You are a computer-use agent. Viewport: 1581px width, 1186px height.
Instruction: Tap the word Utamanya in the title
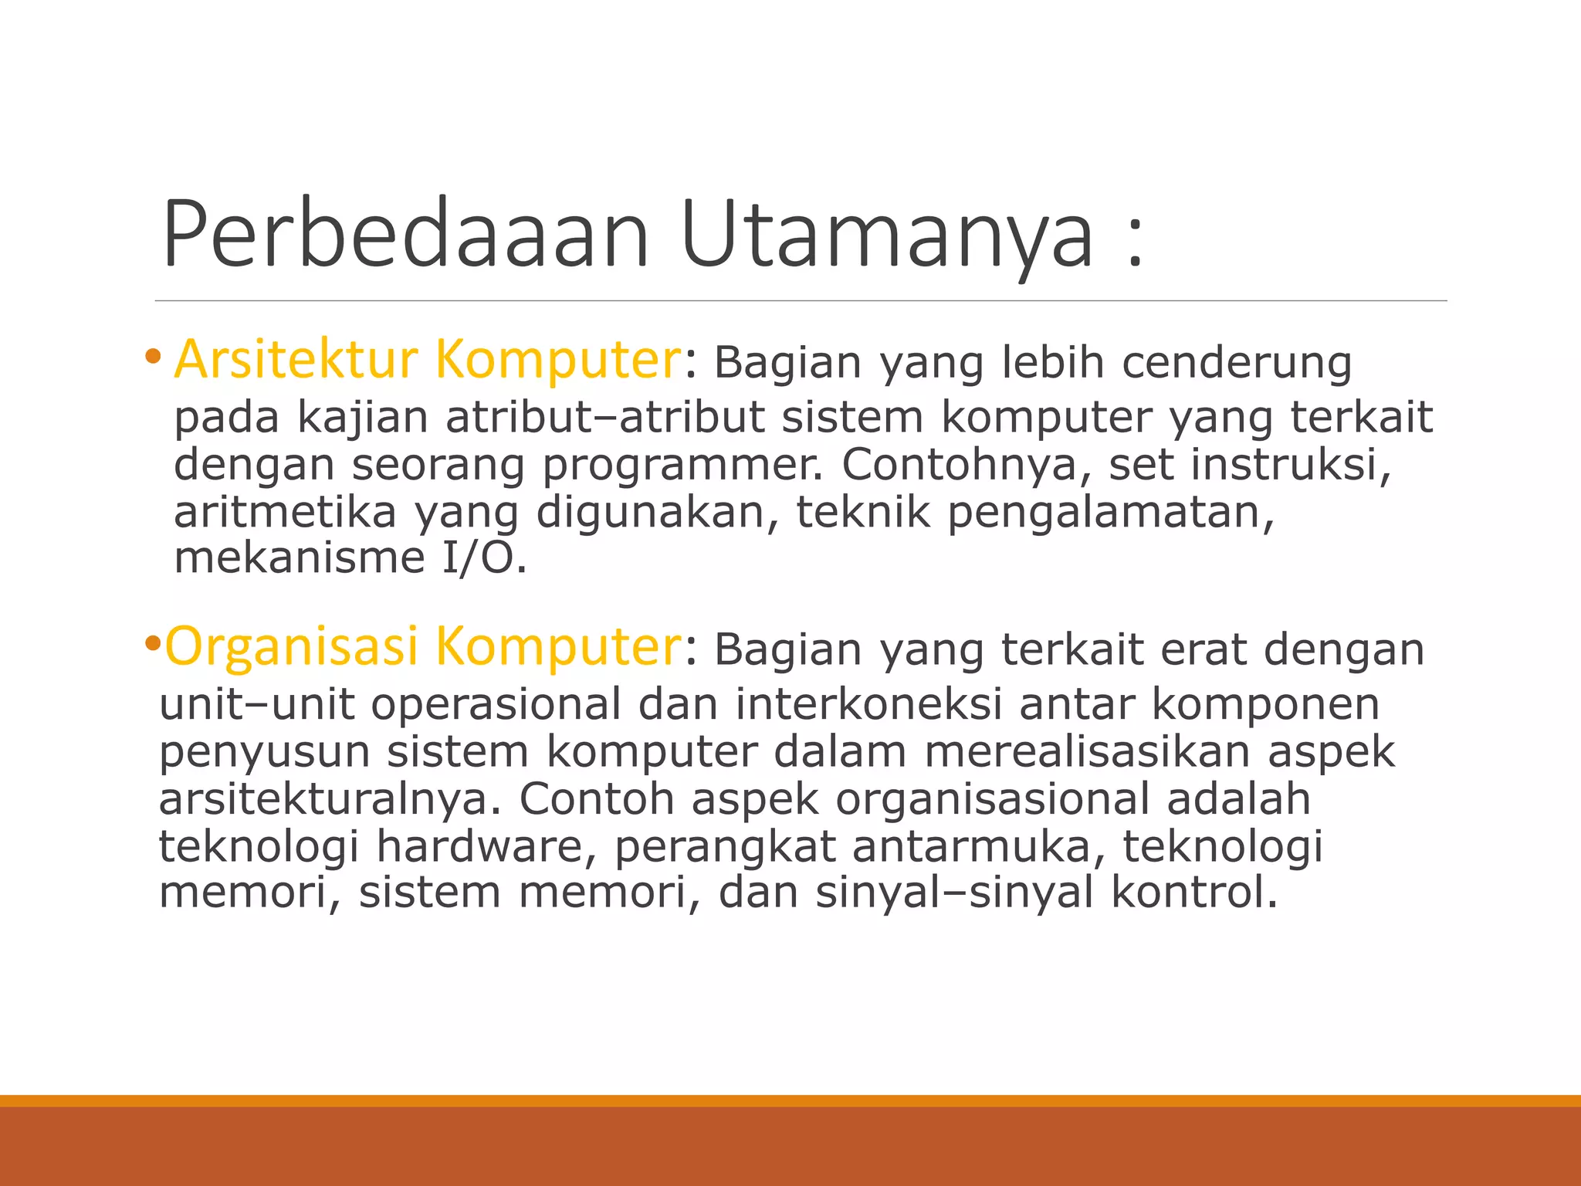(x=888, y=236)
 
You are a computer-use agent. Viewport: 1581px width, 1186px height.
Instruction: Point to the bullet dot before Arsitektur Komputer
(x=153, y=357)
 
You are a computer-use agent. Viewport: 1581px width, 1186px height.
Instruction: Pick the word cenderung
(x=1236, y=363)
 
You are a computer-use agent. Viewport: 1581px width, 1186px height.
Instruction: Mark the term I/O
(x=482, y=558)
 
